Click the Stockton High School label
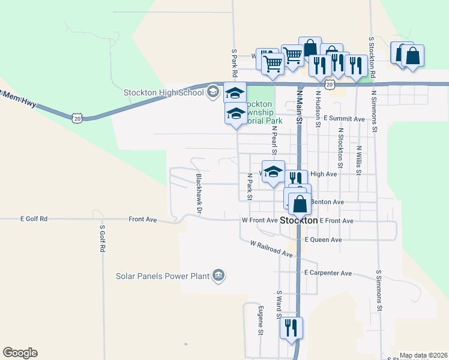(x=163, y=92)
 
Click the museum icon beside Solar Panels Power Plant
(x=218, y=275)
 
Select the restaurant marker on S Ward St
(x=291, y=328)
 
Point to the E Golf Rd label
(x=34, y=220)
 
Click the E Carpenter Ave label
(x=327, y=273)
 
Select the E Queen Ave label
(x=323, y=240)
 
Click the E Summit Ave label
(x=344, y=119)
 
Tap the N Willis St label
(x=358, y=160)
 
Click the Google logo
(x=20, y=353)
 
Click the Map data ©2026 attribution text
(x=423, y=355)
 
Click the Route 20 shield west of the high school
(x=77, y=119)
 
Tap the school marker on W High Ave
(x=273, y=172)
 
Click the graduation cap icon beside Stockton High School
(x=212, y=92)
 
